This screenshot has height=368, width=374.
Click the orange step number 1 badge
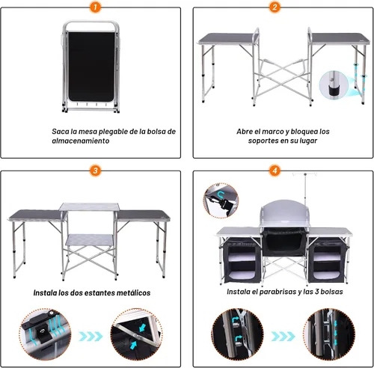(95, 7)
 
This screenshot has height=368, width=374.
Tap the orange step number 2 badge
(275, 7)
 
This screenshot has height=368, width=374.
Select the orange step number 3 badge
(95, 171)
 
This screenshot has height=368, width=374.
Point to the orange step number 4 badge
(275, 171)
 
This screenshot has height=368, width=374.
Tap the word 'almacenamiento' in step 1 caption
(81, 141)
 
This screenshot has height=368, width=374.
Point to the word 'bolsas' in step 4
(331, 292)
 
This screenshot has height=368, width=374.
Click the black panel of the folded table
(91, 67)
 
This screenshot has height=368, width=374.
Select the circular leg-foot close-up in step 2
(334, 85)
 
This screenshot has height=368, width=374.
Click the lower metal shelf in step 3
(90, 240)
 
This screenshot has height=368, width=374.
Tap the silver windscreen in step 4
(285, 212)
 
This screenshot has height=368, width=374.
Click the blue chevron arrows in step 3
(91, 337)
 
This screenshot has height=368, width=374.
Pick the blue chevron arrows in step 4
(283, 337)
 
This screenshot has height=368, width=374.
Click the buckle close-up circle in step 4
(221, 200)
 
